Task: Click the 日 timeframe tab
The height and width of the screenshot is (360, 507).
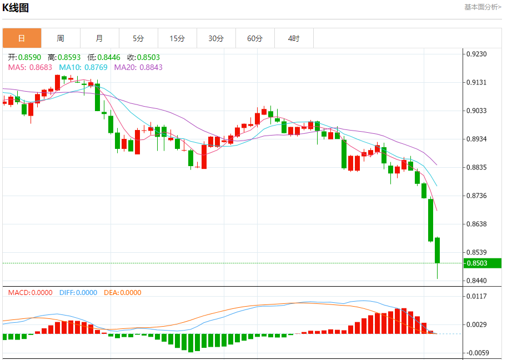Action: point(22,38)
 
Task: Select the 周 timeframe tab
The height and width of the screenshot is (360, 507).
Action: point(61,38)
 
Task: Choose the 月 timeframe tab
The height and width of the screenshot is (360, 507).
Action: point(99,38)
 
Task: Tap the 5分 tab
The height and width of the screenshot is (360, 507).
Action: point(138,38)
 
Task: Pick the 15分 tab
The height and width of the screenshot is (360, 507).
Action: point(177,38)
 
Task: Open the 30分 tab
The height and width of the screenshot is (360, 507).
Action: point(216,38)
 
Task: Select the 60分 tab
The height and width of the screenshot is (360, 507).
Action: point(255,38)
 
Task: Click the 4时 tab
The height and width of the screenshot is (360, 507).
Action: point(294,38)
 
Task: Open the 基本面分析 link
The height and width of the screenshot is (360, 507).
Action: point(483,7)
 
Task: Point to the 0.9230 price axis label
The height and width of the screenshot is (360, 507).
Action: point(477,54)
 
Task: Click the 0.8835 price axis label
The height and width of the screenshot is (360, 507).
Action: point(477,167)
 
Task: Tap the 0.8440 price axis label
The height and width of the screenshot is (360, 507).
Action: point(477,281)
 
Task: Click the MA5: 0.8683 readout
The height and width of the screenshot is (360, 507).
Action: point(30,67)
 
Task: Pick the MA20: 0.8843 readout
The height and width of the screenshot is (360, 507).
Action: point(138,67)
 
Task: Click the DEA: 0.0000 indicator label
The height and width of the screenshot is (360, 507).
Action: point(123,293)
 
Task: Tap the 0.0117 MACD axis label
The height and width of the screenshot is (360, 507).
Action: point(477,296)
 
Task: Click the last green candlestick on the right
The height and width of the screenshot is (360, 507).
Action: point(438,250)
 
